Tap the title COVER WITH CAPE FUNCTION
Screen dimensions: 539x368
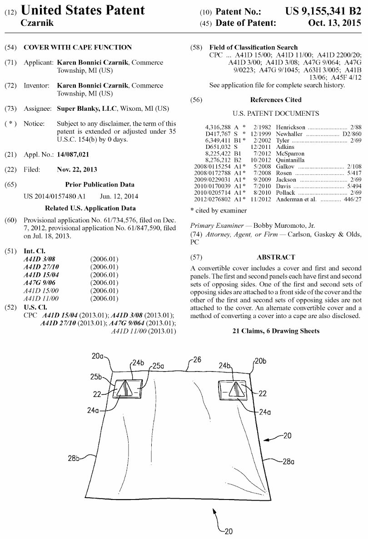(x=78, y=47)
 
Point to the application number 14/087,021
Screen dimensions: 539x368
(x=74, y=155)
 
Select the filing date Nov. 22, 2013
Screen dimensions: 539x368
(x=77, y=170)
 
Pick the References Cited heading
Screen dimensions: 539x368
(x=276, y=100)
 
